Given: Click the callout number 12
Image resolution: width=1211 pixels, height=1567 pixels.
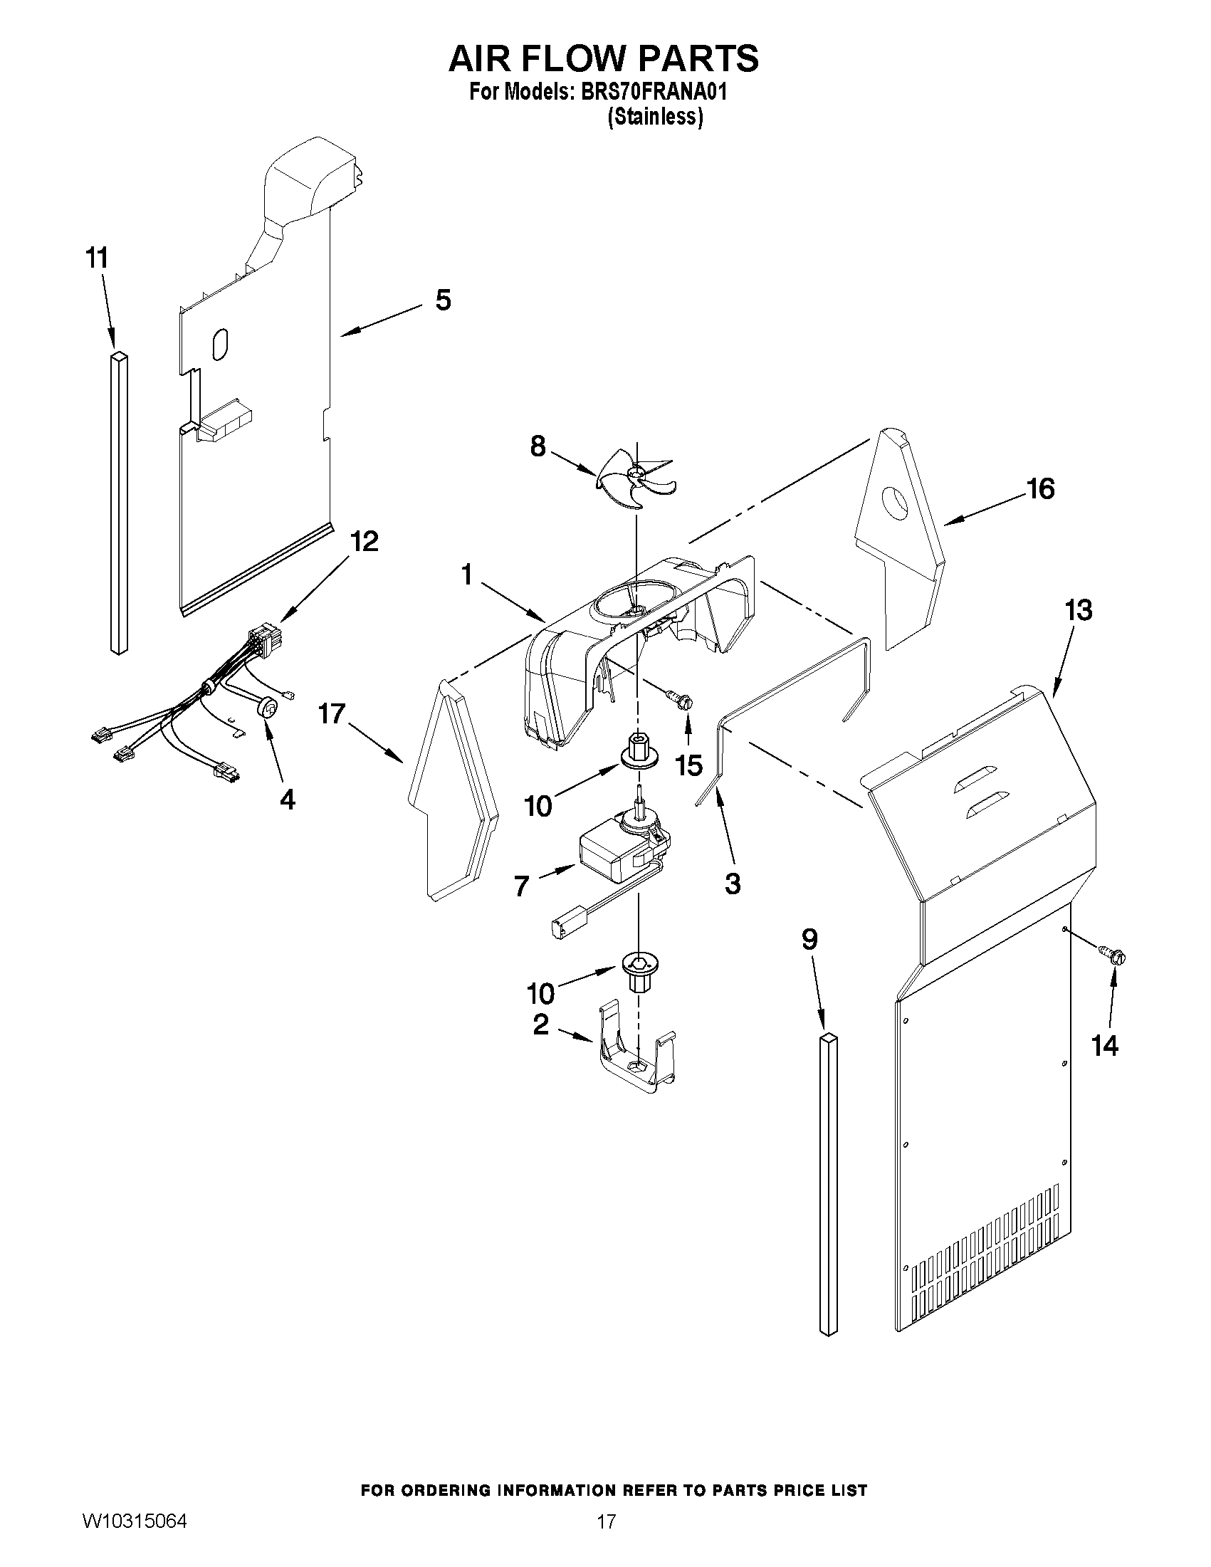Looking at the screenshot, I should pyautogui.click(x=364, y=541).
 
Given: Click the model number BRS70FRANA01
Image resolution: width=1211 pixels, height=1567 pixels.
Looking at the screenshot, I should pyautogui.click(x=649, y=93).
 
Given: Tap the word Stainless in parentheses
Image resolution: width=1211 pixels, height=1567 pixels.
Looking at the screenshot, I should pyautogui.click(x=654, y=117).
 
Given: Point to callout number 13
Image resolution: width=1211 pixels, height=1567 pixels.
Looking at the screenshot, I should pyautogui.click(x=1079, y=610).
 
